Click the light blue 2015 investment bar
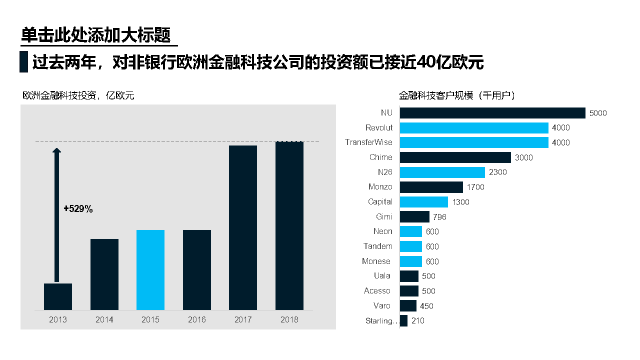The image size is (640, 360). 150,270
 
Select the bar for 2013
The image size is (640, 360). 58,296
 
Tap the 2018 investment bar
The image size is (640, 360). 289,225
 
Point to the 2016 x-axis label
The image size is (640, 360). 197,319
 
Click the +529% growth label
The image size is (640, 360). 78,209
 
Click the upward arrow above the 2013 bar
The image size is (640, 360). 56,215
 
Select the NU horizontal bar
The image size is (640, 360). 492,113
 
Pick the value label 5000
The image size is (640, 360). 598,113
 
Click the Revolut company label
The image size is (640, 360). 379,128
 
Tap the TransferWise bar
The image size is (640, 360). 474,142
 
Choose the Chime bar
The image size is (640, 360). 455,157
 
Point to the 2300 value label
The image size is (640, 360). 498,172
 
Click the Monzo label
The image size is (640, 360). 380,187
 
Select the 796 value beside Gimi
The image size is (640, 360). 440,217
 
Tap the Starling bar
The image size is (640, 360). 403,321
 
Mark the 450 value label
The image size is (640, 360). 426,306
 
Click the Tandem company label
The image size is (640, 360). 378,246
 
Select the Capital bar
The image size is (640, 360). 424,202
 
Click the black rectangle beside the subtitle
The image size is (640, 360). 23,62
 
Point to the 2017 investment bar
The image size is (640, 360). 243,227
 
